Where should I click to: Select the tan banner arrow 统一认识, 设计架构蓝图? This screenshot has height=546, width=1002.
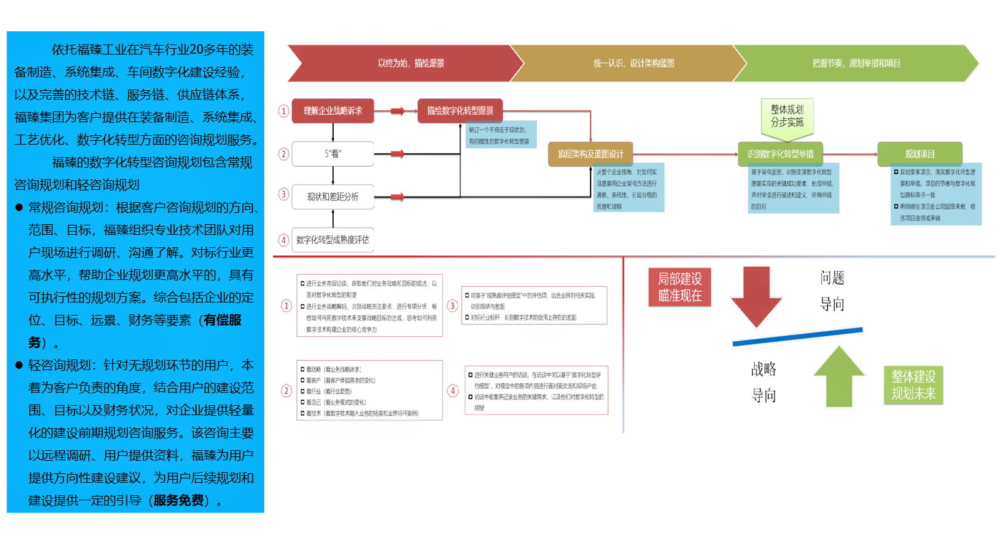coord(633,63)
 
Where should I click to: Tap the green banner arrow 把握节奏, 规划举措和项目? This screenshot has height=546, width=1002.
coord(855,63)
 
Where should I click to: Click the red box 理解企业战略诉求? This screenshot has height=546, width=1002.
coord(333,111)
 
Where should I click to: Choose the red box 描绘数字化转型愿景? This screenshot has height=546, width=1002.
coord(460,111)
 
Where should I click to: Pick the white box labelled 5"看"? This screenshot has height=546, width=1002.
coord(333,154)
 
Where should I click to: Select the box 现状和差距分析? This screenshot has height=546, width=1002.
coord(333,197)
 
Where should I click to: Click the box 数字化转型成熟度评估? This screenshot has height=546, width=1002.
coord(333,240)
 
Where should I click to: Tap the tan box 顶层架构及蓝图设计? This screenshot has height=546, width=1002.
coord(591,154)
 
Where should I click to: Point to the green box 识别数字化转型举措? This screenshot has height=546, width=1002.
coord(780,154)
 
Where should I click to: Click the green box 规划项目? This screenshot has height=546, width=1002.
coord(919,154)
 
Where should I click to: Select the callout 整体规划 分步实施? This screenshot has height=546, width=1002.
coord(787,116)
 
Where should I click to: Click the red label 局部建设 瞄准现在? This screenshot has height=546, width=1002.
coord(679,287)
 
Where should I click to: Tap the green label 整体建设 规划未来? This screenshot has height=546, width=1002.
coord(913,384)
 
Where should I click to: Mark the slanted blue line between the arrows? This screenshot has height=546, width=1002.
coord(797,336)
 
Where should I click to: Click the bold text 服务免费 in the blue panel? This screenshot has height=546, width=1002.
coord(178,500)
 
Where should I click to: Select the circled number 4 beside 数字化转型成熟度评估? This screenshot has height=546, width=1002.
coord(284,240)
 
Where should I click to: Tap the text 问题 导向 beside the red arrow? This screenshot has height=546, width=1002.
coord(832,291)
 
